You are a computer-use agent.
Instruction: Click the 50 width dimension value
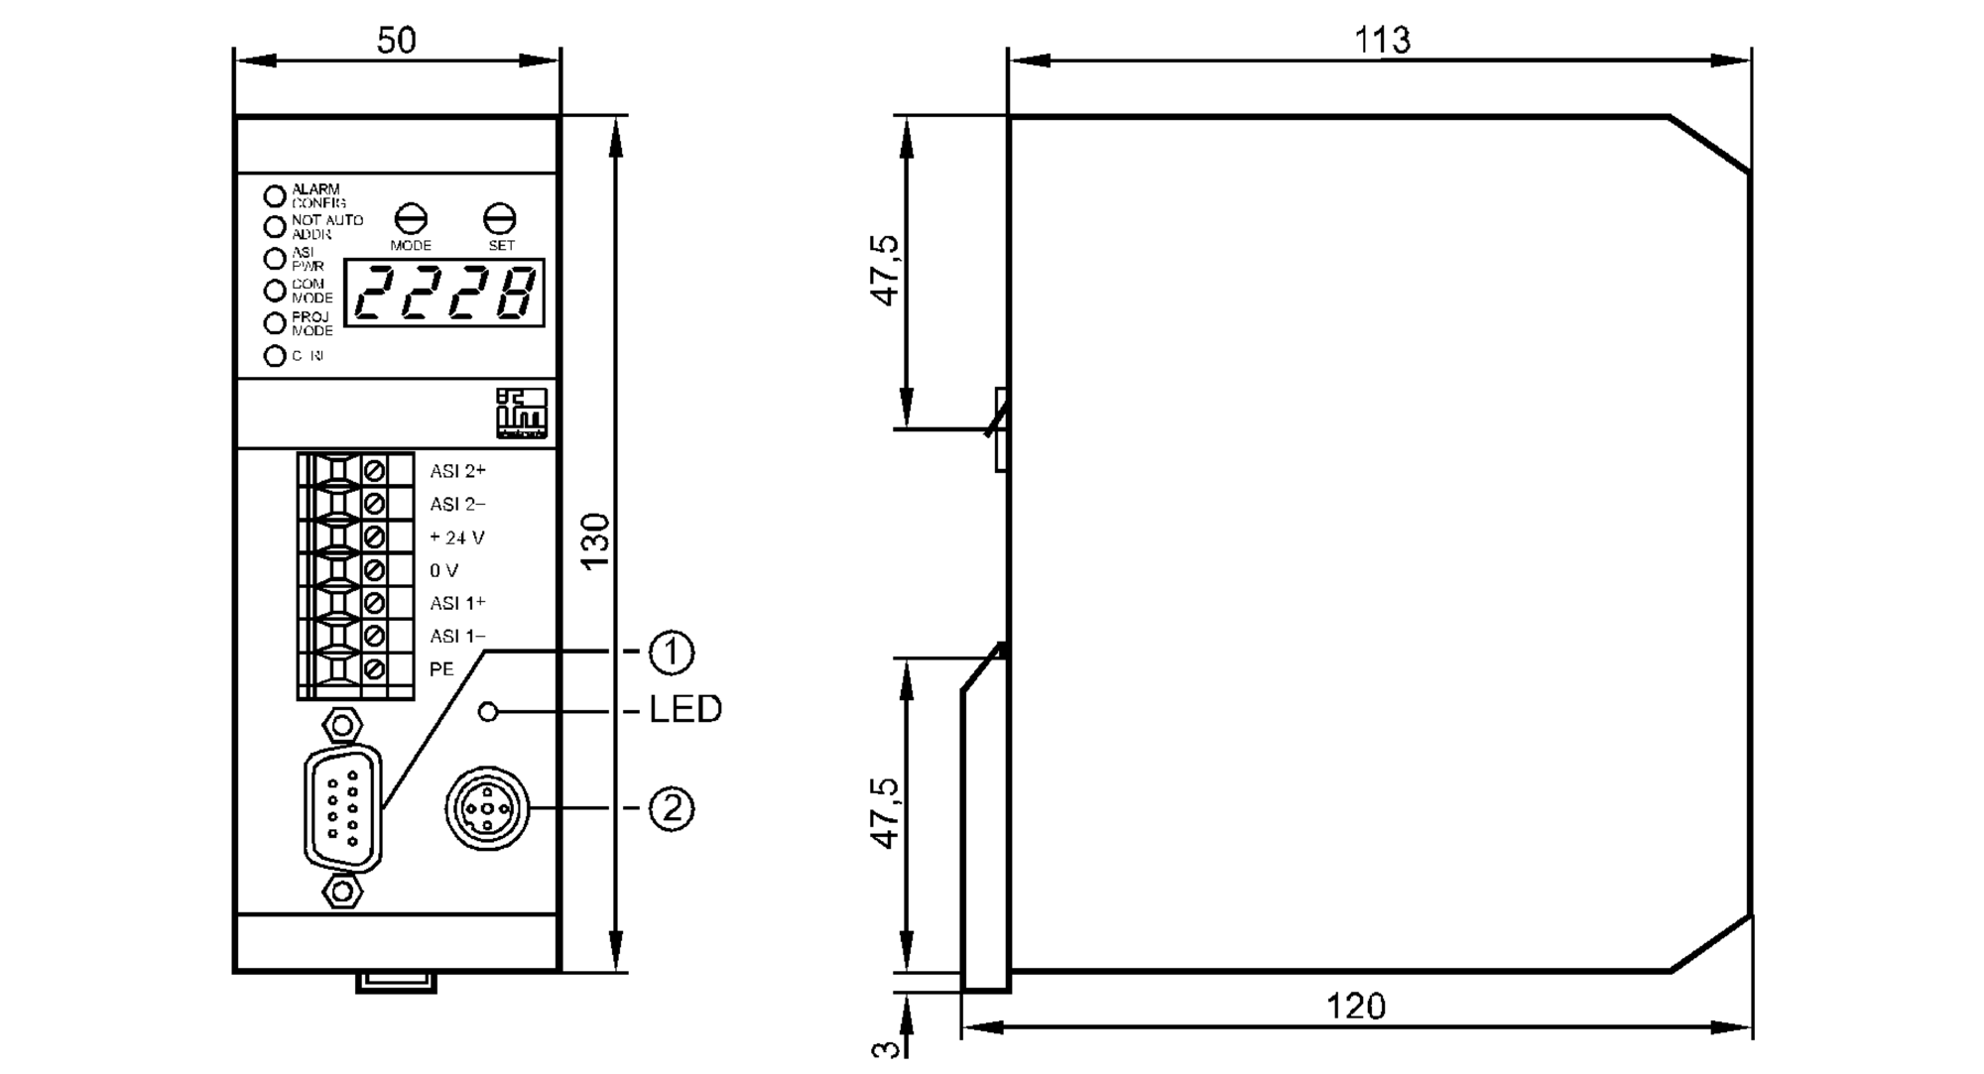point(396,41)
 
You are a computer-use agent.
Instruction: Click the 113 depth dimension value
point(1381,41)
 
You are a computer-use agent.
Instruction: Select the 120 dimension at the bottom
point(1355,1007)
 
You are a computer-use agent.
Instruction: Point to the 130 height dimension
point(594,540)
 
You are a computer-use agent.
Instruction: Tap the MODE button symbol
point(411,219)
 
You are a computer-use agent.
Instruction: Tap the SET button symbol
point(500,219)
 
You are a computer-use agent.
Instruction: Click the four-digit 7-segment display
point(444,294)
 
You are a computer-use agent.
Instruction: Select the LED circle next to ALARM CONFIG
point(275,195)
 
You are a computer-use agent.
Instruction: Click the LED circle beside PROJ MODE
point(275,323)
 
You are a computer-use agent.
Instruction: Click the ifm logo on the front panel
point(522,414)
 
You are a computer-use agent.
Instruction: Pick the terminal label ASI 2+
point(457,472)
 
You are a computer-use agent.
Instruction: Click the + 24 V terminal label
point(456,537)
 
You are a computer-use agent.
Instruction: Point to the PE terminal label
point(441,669)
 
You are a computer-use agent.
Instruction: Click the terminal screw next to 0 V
point(374,570)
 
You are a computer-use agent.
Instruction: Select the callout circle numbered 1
point(672,653)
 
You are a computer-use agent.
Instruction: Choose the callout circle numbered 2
point(672,809)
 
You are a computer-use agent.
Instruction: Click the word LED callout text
point(684,710)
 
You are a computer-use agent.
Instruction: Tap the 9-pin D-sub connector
point(342,808)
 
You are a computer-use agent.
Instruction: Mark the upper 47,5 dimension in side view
point(885,270)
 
